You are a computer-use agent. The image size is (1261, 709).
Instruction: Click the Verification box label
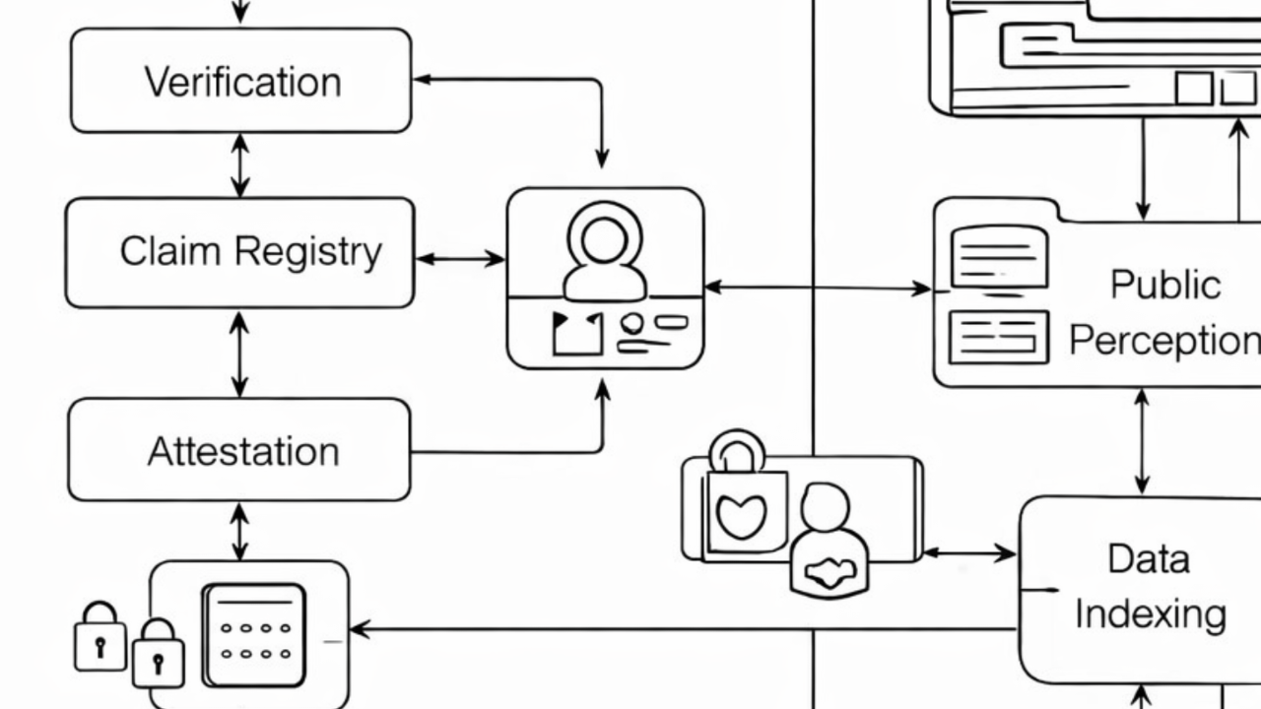click(x=242, y=82)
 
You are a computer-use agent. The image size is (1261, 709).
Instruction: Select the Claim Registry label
click(x=250, y=252)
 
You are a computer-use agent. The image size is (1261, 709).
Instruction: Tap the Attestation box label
click(x=243, y=452)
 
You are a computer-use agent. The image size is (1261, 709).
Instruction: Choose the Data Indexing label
click(x=1149, y=587)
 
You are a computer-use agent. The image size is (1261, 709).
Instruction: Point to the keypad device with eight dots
click(x=254, y=634)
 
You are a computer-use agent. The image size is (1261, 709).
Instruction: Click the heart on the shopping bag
click(x=741, y=516)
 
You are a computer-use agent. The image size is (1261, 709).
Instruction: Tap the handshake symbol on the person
click(x=830, y=572)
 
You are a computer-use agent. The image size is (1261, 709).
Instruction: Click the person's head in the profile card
click(x=604, y=237)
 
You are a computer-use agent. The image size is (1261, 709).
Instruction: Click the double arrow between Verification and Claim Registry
click(x=239, y=165)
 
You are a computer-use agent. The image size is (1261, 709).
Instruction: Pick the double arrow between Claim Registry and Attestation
click(x=239, y=354)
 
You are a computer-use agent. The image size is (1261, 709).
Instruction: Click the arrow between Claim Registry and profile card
click(x=460, y=259)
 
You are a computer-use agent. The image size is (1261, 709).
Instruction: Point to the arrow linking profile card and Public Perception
click(x=818, y=288)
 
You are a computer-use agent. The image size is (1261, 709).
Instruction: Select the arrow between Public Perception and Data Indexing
click(x=1142, y=441)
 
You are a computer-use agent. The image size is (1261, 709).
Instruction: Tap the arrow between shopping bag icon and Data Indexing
click(x=969, y=553)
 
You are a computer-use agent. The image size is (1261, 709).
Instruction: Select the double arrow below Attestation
click(x=239, y=532)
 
